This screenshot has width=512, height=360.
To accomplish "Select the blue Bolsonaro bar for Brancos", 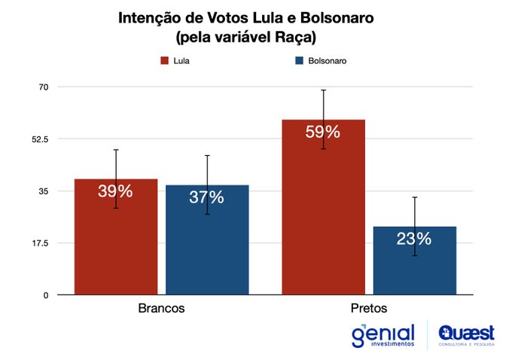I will click(207, 245).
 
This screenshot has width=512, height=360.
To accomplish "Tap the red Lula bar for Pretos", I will click(323, 211).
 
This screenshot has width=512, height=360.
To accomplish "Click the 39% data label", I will click(115, 191).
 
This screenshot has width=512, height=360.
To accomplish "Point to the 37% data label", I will click(207, 197).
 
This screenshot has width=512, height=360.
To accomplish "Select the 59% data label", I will click(323, 132).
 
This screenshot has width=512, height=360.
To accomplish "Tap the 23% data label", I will click(414, 239).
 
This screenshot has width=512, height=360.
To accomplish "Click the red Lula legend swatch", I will click(163, 61).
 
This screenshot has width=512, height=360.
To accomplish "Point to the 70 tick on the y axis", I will click(44, 87).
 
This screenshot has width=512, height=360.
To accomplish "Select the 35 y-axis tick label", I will click(44, 191).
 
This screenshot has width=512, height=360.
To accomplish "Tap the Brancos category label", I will click(161, 309).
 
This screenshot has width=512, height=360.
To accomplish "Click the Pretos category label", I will click(370, 309).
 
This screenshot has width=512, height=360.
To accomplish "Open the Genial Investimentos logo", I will click(382, 335).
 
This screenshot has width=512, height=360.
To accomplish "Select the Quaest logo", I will click(468, 334).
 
